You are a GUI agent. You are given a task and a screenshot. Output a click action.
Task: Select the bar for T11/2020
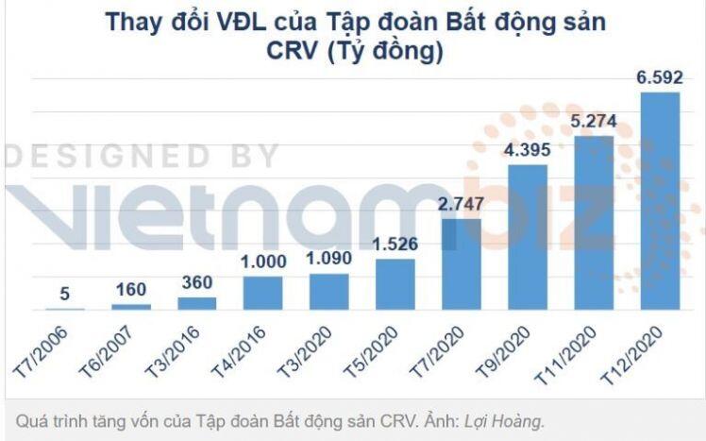pyautogui.click(x=594, y=223)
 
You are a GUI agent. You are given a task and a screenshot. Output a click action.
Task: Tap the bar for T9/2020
pyautogui.click(x=528, y=237)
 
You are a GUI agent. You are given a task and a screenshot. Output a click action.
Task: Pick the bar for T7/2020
pyautogui.click(x=462, y=264)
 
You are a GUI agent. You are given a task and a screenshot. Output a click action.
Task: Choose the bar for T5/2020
pyautogui.click(x=395, y=283)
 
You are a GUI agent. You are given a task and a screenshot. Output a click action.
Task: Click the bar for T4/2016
pyautogui.click(x=263, y=293)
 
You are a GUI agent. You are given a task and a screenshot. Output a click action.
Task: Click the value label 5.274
pyautogui.click(x=594, y=122)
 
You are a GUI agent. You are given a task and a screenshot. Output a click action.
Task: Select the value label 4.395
pyautogui.click(x=528, y=150)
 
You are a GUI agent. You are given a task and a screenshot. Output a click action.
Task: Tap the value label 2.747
pyautogui.click(x=462, y=205)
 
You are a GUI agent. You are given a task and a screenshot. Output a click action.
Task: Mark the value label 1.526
pyautogui.click(x=395, y=244)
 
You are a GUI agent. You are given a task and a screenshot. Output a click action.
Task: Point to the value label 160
pyautogui.click(x=131, y=289)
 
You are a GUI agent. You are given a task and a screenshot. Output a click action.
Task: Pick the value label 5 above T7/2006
pyautogui.click(x=65, y=294)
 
